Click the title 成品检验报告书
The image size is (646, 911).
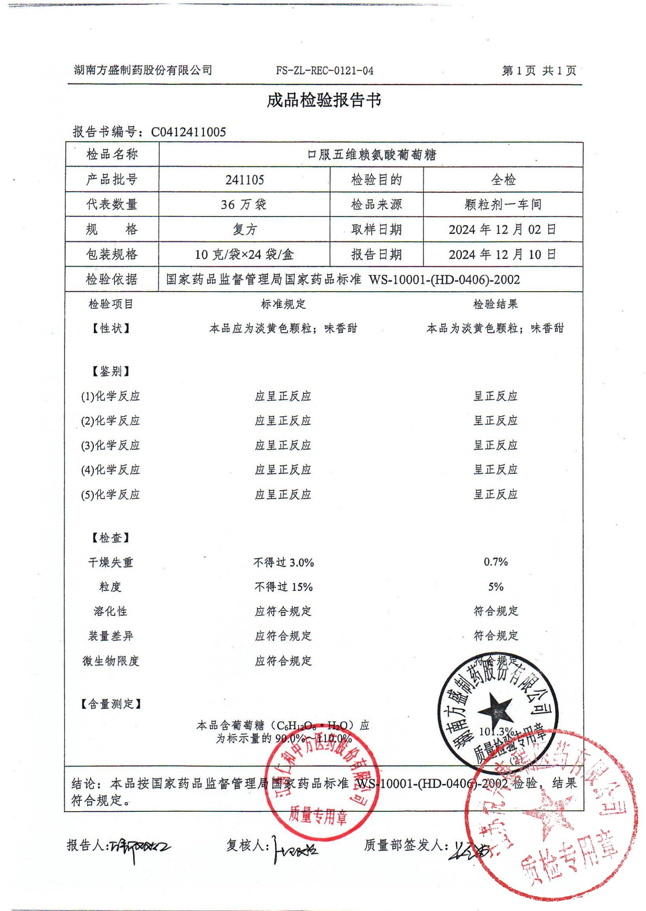[323, 101]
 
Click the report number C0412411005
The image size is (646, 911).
[189, 132]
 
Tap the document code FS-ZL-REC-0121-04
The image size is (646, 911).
[325, 71]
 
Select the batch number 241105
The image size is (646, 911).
[244, 180]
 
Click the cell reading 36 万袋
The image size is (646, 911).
[243, 205]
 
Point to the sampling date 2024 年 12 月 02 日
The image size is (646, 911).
[502, 229]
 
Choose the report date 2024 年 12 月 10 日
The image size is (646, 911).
[502, 254]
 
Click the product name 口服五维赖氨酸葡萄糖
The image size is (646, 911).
[372, 155]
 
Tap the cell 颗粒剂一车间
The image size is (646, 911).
[503, 205]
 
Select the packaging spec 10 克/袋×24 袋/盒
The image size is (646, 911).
[244, 254]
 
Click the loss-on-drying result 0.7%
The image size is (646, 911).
[496, 562]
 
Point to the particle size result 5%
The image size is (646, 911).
[496, 587]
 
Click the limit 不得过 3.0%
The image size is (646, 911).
[283, 562]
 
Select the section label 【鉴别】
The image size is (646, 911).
[110, 372]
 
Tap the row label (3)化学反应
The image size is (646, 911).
[110, 445]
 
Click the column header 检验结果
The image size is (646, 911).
[496, 305]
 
